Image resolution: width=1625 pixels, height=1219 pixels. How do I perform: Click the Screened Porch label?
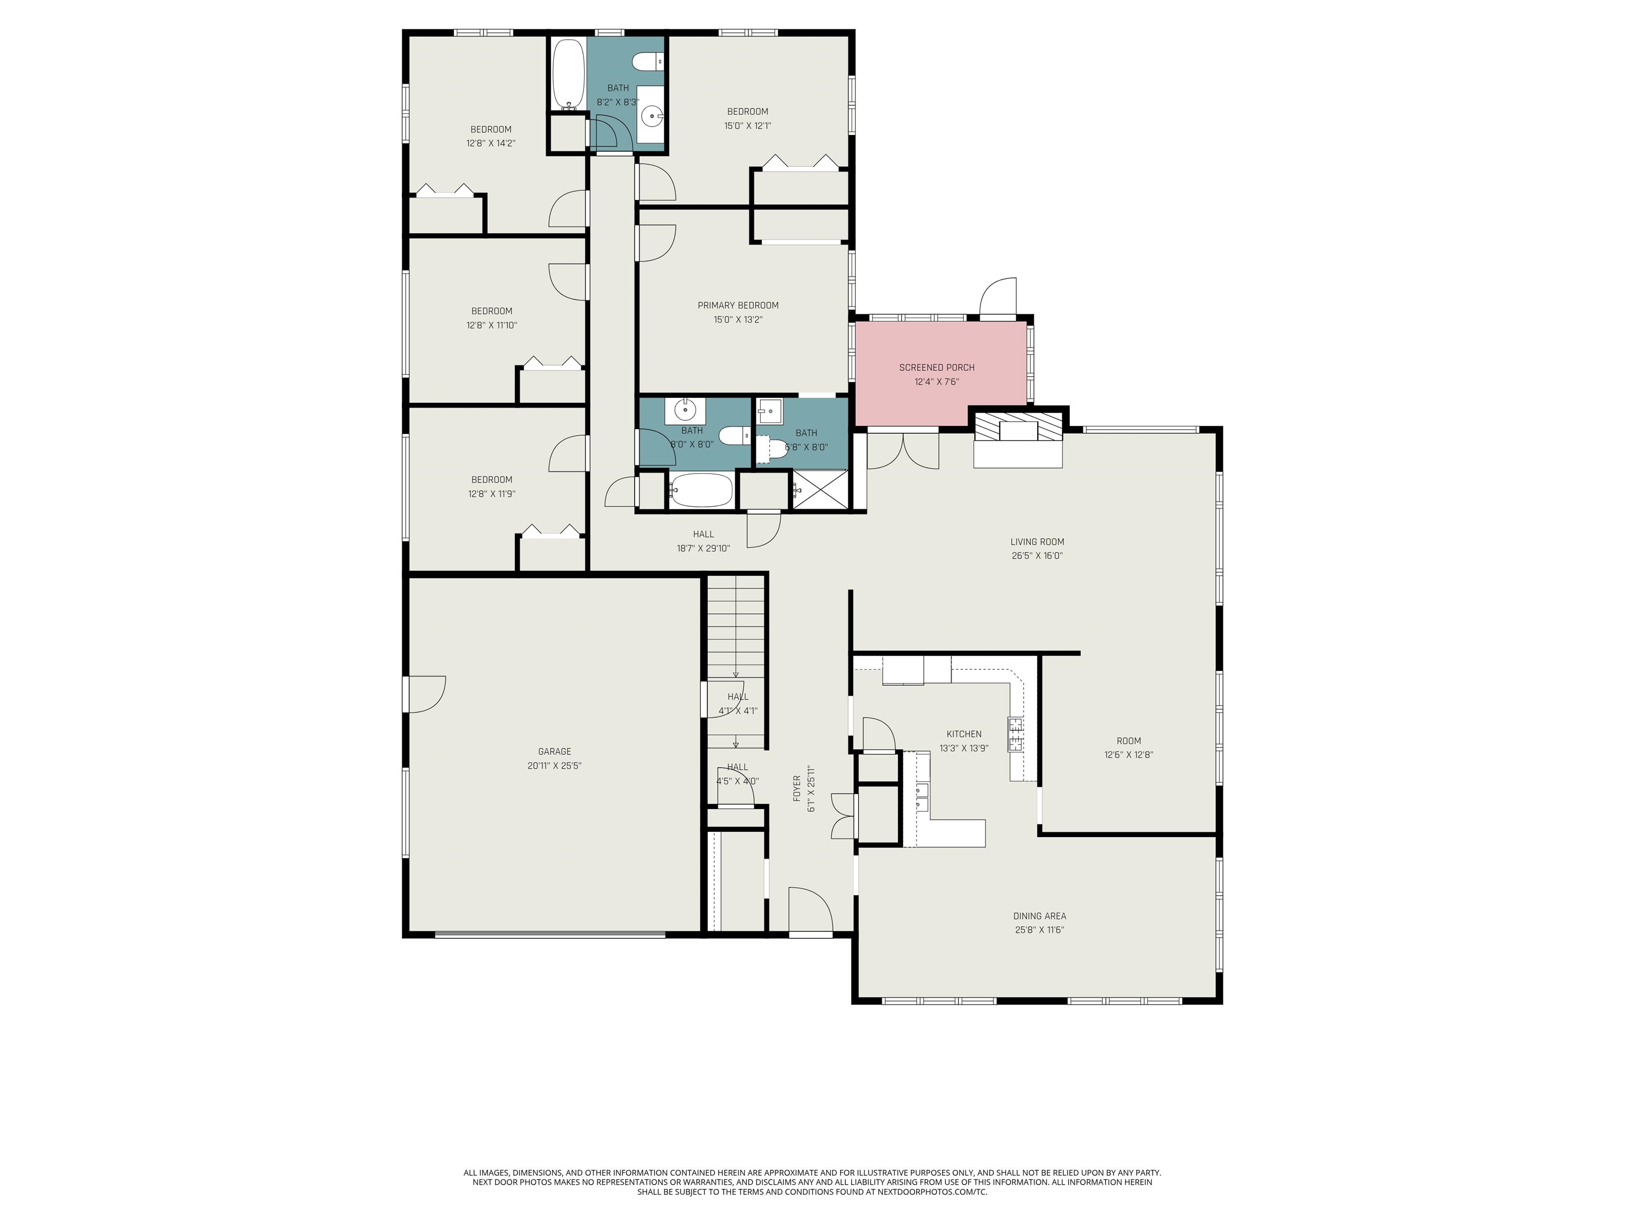point(937,367)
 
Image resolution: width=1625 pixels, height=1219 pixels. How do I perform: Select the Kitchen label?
point(964,734)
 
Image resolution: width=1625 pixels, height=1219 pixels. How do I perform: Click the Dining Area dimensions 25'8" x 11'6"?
point(1039,930)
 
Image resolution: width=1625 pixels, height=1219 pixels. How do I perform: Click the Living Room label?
point(1037,542)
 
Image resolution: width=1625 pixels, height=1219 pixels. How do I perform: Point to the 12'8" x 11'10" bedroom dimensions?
point(491,325)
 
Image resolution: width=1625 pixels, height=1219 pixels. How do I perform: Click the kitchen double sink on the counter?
point(921,790)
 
